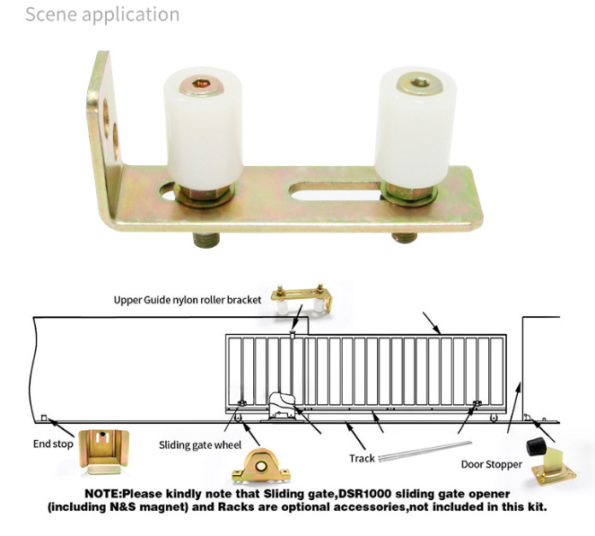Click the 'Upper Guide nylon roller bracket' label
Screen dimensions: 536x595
(187, 300)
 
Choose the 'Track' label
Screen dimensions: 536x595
(362, 458)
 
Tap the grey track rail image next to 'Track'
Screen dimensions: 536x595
(419, 453)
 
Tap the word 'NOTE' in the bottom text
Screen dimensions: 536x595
(103, 495)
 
